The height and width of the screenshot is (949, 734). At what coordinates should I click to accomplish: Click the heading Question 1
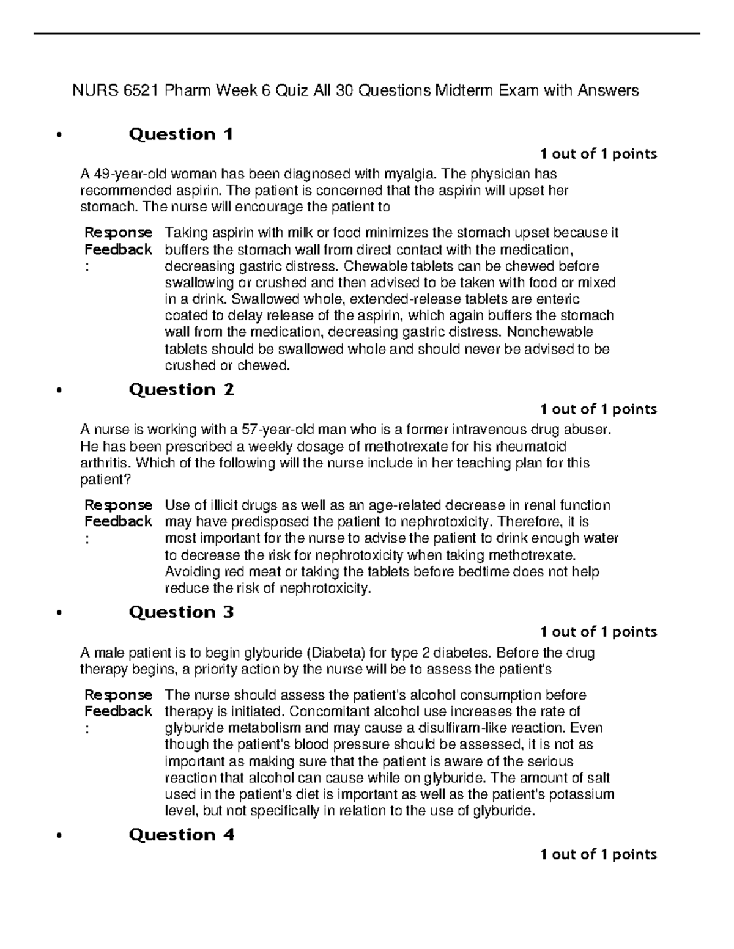(181, 134)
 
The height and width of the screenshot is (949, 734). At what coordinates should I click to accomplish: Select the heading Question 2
(182, 390)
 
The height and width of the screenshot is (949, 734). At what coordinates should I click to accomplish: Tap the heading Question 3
(182, 612)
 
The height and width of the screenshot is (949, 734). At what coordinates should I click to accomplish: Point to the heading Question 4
(182, 835)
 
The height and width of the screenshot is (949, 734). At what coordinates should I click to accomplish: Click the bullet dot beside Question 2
(59, 391)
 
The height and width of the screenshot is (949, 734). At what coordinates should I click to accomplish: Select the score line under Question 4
(598, 854)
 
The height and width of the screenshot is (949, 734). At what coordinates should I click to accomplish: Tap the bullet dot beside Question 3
(59, 614)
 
